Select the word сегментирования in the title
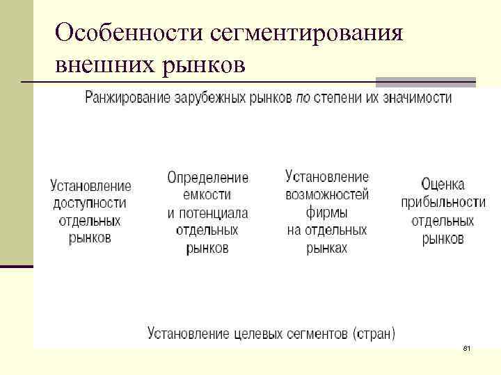coord(305,33)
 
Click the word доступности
coord(90,203)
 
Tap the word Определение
coord(207,178)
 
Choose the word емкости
coord(207,195)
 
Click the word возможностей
coord(327,194)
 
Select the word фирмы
coord(327,212)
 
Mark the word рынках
coord(327,248)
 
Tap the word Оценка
coord(443,185)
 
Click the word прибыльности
coord(443,203)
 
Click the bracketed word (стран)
coord(374,333)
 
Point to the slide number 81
coord(466,347)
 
